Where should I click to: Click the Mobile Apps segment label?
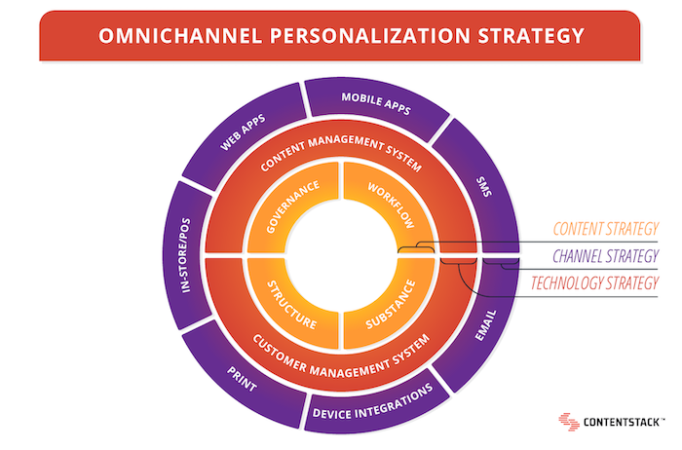point(376,103)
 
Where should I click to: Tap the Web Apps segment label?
point(243,132)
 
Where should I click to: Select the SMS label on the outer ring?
point(484,186)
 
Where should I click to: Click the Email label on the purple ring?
point(485,325)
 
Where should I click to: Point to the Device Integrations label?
point(373,402)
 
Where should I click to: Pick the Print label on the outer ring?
point(242,379)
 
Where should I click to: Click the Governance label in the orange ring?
point(292,206)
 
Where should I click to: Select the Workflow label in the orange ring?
point(391,206)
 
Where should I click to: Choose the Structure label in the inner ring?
point(292,305)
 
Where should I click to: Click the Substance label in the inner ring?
point(391,304)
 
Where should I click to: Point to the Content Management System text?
point(341,153)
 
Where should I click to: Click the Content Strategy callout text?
point(606,229)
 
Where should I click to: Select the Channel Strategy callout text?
point(606,256)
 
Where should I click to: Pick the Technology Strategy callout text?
point(594,283)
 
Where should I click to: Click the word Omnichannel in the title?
point(180,36)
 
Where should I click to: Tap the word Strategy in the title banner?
point(531,36)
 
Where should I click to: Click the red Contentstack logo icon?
point(569,422)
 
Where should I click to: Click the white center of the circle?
point(341,255)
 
